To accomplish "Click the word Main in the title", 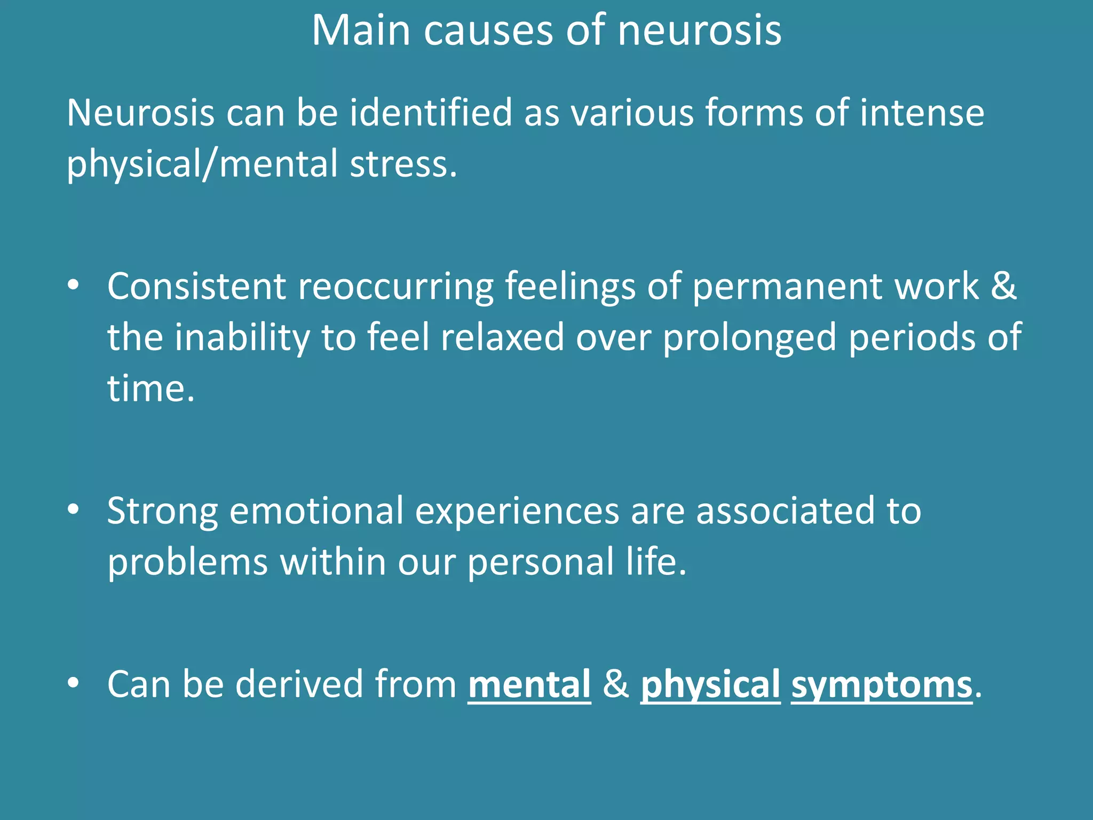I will tap(361, 30).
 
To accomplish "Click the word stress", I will tap(403, 164).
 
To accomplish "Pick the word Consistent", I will tap(197, 287).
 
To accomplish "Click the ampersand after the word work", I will tap(1004, 287).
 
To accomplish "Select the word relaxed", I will tap(502, 337).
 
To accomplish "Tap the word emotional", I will tap(316, 511).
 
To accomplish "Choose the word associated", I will tap(785, 511).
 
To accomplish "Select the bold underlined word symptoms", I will tap(882, 685).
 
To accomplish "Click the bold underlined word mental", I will tap(529, 684).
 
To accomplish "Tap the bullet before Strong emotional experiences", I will tap(74, 509).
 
